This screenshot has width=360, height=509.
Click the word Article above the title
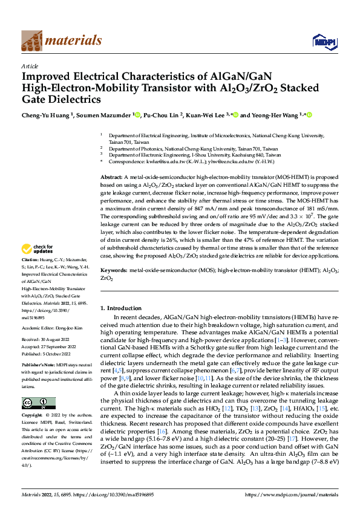click(30, 66)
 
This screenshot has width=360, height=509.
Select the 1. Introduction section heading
click(125, 309)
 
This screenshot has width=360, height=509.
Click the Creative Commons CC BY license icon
click(38, 403)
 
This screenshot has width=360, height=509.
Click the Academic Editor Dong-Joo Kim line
click(53, 328)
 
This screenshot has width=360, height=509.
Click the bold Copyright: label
click(33, 416)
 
